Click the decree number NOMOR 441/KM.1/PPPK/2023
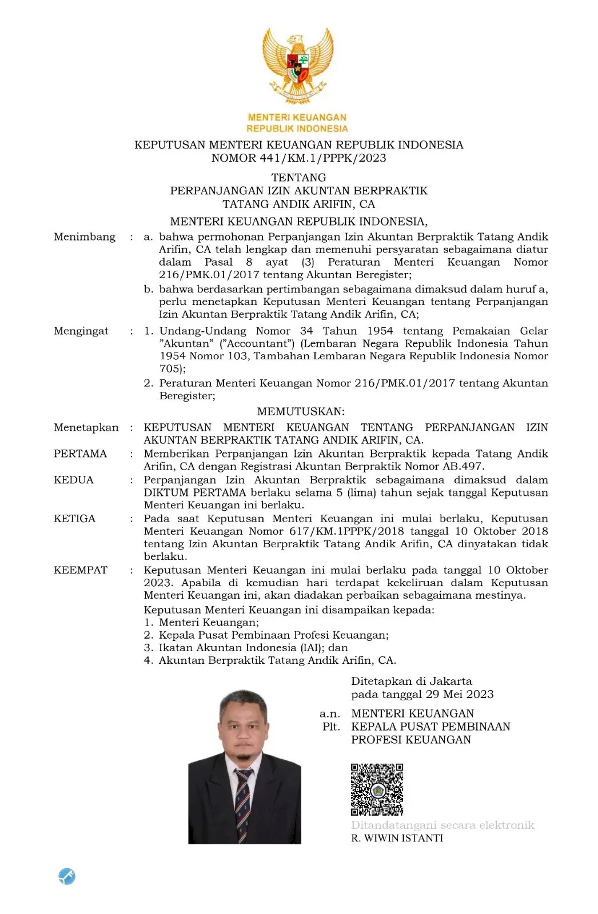click(x=298, y=158)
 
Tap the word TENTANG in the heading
click(x=298, y=177)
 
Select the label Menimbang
click(x=85, y=236)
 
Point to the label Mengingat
click(x=81, y=331)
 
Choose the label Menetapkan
click(x=86, y=427)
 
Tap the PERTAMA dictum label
click(x=80, y=454)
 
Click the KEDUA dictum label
click(x=74, y=480)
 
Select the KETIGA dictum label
click(x=74, y=519)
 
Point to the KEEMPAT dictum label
click(x=81, y=570)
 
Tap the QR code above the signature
click(x=377, y=789)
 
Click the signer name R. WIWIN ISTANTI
click(x=397, y=838)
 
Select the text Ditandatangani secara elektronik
click(x=442, y=825)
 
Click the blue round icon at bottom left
click(x=67, y=876)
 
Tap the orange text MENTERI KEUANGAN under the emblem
click(x=297, y=118)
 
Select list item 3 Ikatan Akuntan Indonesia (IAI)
click(x=246, y=648)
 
